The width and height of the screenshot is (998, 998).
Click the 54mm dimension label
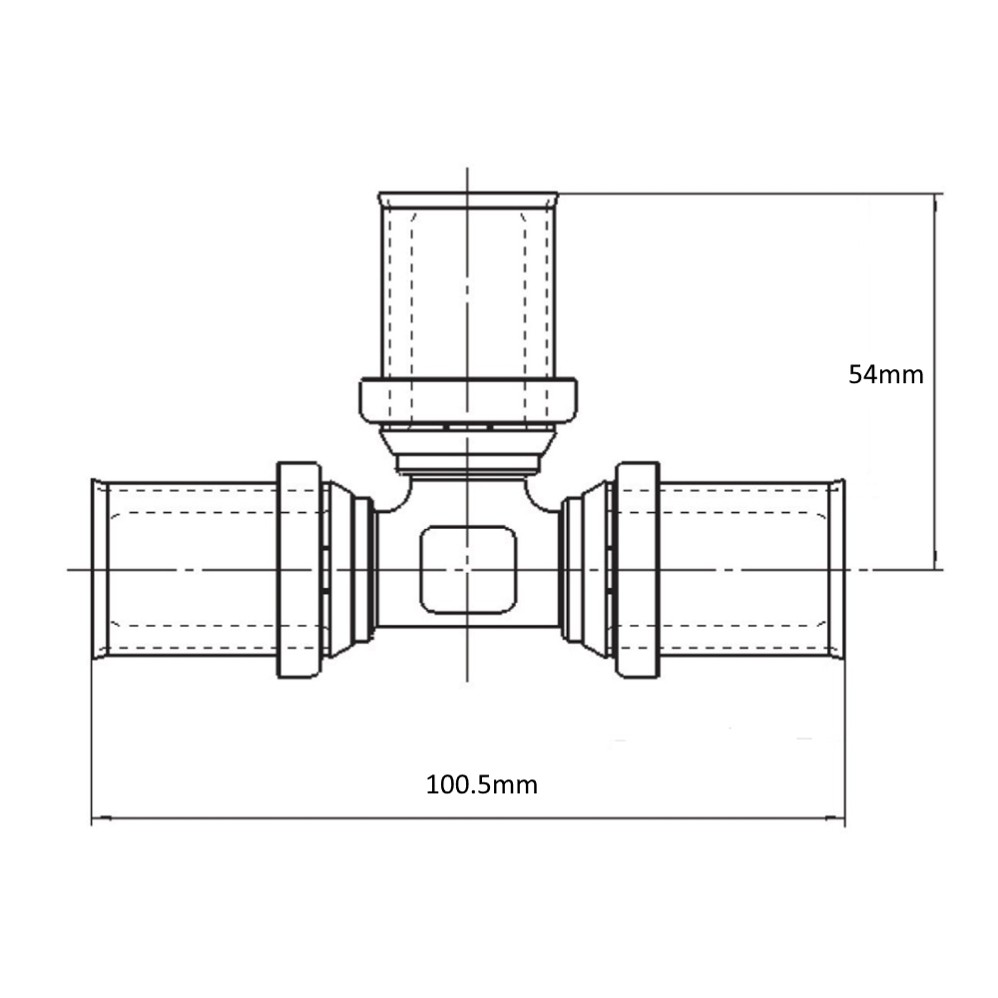click(x=885, y=375)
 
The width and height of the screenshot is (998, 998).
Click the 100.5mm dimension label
click(x=481, y=784)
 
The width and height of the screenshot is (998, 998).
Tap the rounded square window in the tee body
click(x=468, y=570)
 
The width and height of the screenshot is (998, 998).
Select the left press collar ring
click(x=299, y=570)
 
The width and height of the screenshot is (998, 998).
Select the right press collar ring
click(x=638, y=570)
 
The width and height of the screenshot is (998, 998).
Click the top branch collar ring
click(x=468, y=401)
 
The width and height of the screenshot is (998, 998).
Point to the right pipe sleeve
click(x=745, y=570)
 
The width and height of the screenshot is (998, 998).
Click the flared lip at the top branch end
click(x=468, y=200)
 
